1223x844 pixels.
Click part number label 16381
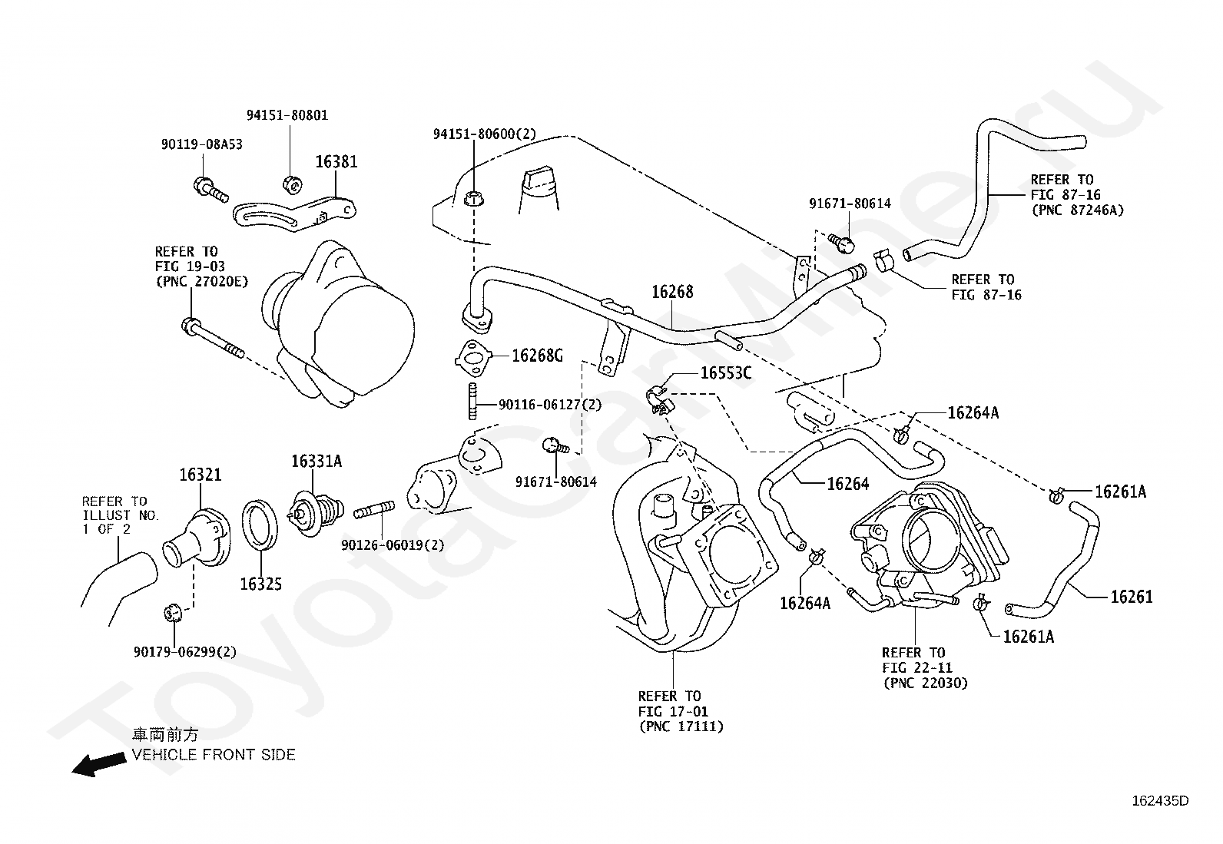point(336,161)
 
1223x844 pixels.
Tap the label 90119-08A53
point(201,144)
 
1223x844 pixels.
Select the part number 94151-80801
point(287,115)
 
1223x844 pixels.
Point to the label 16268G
point(537,356)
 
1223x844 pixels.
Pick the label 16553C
point(726,373)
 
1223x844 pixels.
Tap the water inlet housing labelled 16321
point(197,538)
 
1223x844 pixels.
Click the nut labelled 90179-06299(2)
point(173,613)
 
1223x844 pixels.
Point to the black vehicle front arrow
point(99,764)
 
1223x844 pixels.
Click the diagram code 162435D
point(1160,801)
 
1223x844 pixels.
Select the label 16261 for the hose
point(1132,597)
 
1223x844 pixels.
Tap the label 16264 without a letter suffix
point(848,483)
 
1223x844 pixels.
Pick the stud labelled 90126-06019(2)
point(374,511)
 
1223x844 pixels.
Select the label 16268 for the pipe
point(673,292)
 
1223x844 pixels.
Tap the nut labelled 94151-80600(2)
point(473,199)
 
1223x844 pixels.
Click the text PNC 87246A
point(1079,210)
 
